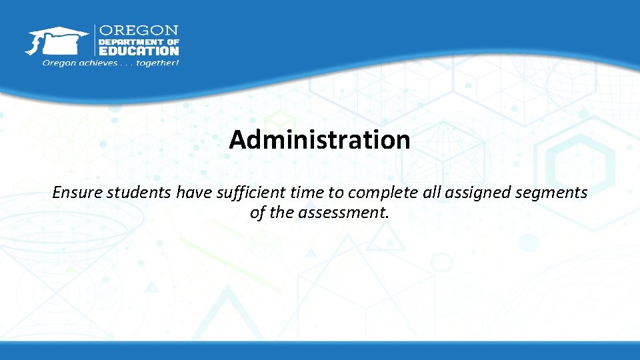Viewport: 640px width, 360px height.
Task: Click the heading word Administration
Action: click(x=319, y=140)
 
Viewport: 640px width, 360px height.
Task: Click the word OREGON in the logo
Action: click(x=139, y=31)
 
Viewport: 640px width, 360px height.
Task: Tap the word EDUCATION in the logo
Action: click(x=139, y=50)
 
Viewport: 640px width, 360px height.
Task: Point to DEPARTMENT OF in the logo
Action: click(x=139, y=41)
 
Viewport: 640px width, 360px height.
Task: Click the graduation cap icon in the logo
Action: click(x=56, y=40)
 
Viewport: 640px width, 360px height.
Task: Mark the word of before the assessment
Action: click(x=257, y=213)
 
